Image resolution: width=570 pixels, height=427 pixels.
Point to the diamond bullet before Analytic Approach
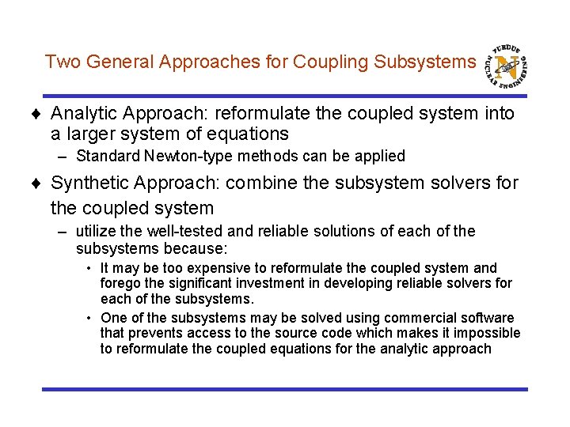coord(41,115)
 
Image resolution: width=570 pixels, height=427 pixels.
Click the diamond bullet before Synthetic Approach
coord(41,183)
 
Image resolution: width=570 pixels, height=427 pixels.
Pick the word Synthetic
coord(89,183)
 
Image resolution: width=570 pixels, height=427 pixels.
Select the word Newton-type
coord(177,157)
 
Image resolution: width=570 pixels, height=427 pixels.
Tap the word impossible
coord(488,333)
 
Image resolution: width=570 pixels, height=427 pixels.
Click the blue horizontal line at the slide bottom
coord(284,389)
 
